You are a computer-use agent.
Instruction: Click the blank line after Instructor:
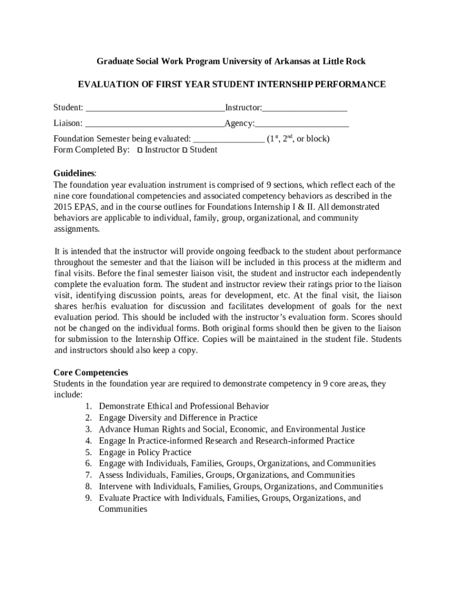305,108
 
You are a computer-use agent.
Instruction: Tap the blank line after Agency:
302,125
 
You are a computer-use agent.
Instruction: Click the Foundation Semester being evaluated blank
229,140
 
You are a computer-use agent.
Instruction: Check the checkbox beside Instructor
140,151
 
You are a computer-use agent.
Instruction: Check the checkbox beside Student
184,151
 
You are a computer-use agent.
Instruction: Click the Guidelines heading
74,173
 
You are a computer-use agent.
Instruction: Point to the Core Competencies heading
90,373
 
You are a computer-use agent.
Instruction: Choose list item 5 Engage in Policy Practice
145,452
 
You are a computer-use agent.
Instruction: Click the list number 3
87,430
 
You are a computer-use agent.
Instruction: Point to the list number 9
87,498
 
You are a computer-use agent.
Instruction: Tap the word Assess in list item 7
111,475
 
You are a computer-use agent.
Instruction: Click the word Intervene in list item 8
116,487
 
